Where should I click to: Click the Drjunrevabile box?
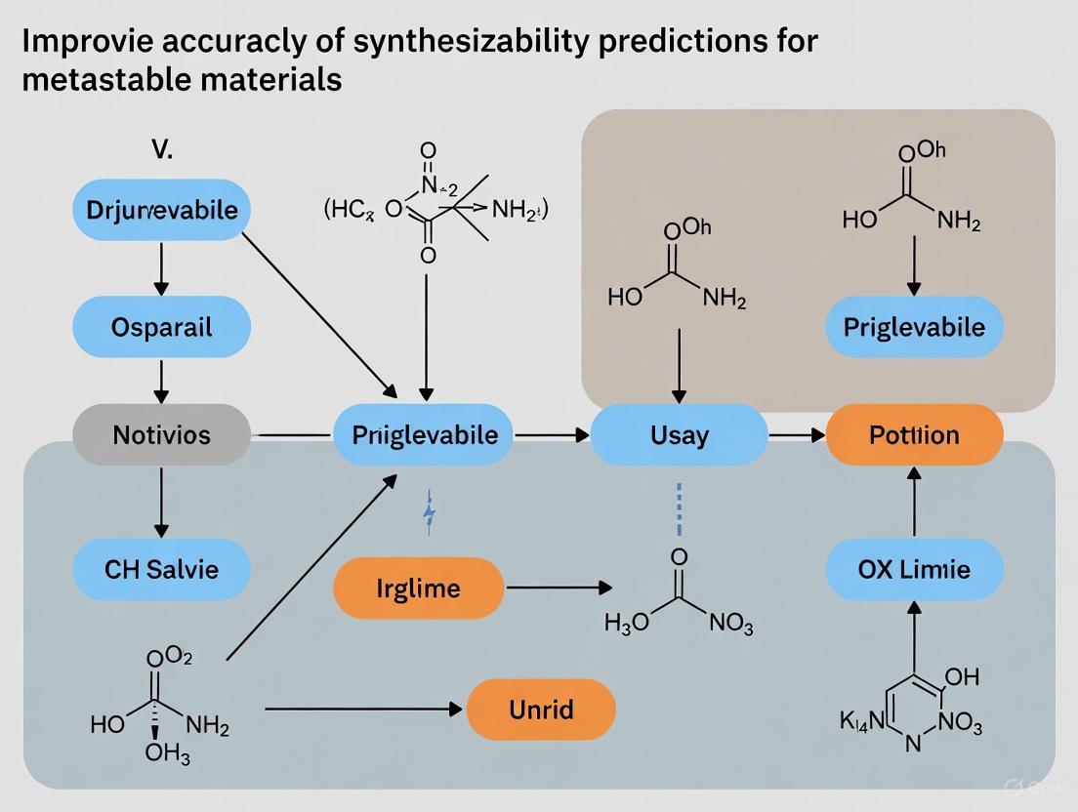(162, 211)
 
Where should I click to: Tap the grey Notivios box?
(162, 434)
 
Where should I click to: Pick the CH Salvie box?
(162, 567)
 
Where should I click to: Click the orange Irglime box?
(418, 589)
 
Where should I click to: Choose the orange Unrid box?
(541, 710)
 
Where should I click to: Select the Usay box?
(679, 434)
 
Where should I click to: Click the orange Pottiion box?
(914, 434)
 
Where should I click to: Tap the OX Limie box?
(914, 567)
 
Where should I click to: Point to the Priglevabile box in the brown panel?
(914, 326)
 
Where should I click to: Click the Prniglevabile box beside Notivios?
(424, 434)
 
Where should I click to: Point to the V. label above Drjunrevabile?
(162, 150)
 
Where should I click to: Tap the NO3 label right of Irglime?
(727, 625)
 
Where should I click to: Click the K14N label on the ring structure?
(860, 723)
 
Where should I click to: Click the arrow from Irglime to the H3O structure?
(558, 588)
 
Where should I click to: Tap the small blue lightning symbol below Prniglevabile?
(428, 515)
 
